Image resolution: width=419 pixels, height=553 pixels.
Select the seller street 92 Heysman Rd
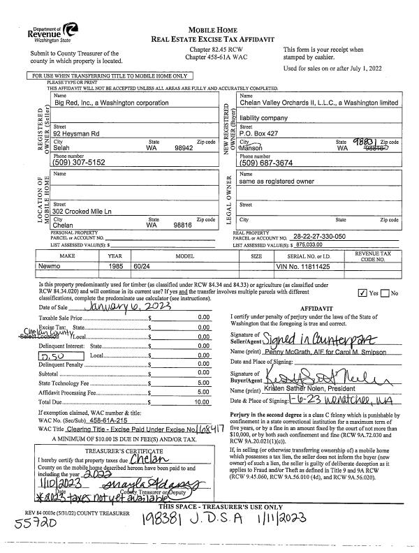77,132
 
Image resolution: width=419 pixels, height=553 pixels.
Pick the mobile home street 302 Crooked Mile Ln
87,212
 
